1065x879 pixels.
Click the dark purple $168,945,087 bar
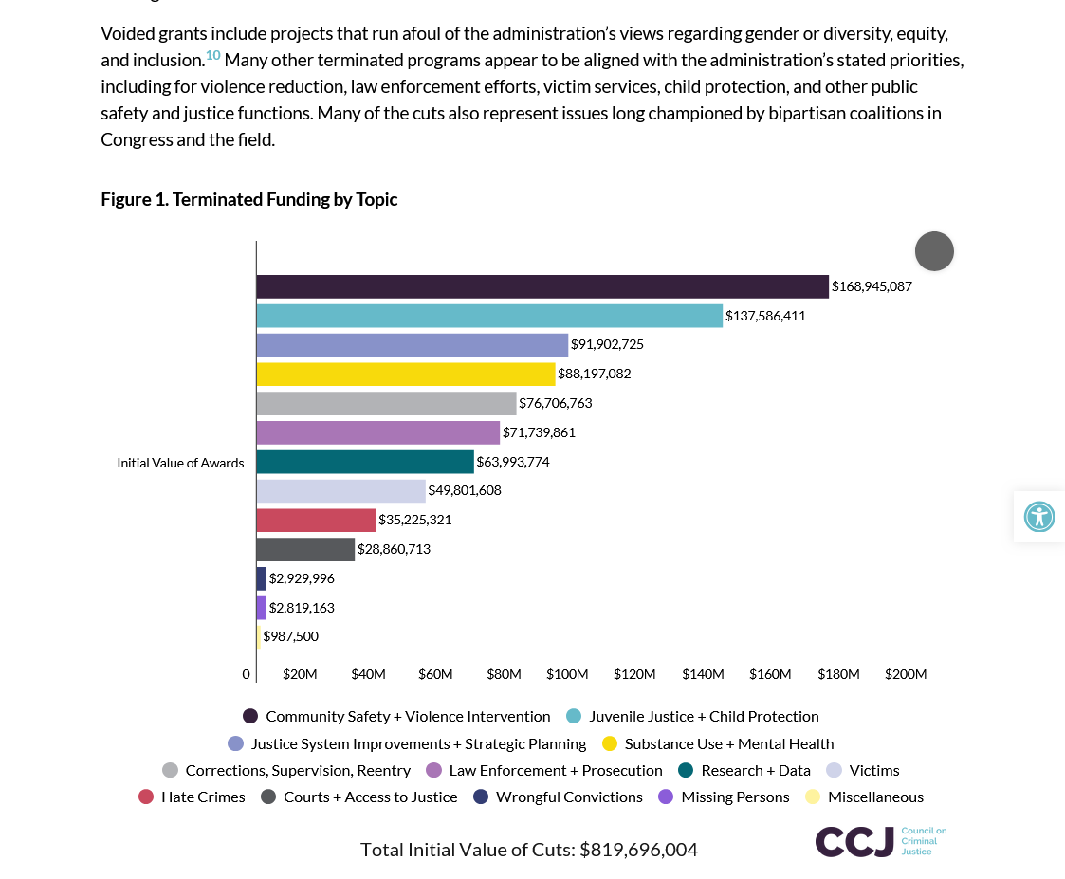point(542,286)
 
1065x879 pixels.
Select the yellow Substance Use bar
point(406,374)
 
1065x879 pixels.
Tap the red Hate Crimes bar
point(316,520)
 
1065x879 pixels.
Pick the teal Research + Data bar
point(365,462)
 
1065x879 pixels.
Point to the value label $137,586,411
point(765,316)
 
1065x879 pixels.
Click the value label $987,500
point(290,636)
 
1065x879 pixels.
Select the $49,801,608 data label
point(465,490)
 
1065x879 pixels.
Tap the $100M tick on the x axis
point(567,674)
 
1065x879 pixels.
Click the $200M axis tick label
point(906,674)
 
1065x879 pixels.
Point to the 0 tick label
point(247,674)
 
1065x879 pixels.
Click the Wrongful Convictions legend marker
point(481,797)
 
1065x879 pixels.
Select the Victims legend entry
point(873,770)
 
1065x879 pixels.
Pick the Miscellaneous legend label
point(875,797)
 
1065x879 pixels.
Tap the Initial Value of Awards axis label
point(180,463)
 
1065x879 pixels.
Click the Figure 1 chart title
point(249,199)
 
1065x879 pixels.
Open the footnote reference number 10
point(212,56)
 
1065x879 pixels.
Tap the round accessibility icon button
point(1039,517)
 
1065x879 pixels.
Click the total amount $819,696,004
point(638,850)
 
